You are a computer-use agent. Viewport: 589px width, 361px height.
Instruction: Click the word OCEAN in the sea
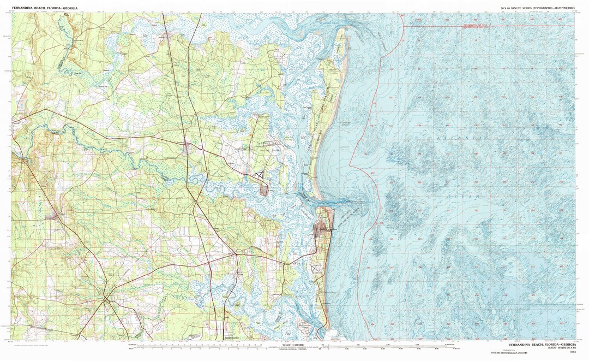pyautogui.click(x=461, y=196)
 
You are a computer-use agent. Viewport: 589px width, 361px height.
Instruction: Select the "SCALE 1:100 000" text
pyautogui.click(x=297, y=346)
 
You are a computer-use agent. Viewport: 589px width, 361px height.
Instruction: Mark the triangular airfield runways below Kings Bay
pyautogui.click(x=260, y=174)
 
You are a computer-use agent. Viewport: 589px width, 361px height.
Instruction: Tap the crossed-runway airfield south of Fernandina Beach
pyautogui.click(x=315, y=268)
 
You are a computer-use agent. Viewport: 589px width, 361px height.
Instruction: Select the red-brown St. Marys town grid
pyautogui.click(x=266, y=189)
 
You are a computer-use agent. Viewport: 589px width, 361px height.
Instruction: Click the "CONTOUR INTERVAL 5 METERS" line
pyautogui.click(x=297, y=350)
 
